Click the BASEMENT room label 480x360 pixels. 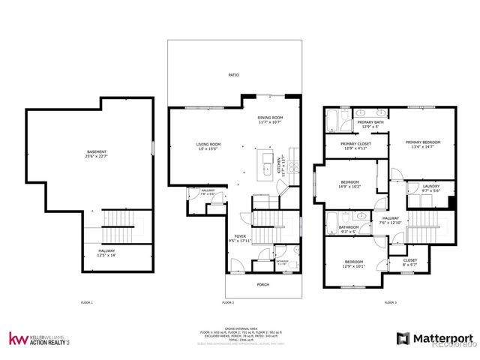pos(97,155)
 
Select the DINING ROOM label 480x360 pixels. pos(270,119)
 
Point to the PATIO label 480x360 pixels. pos(233,76)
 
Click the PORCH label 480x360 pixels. pos(262,284)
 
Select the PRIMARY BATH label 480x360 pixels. pos(370,124)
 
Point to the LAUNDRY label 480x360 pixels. pos(430,188)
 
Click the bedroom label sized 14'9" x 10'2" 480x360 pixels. pos(350,184)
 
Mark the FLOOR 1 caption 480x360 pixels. pos(87,302)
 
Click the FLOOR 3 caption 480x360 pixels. pos(390,302)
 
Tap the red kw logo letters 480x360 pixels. pos(18,338)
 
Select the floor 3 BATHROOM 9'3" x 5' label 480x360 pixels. pos(349,229)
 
